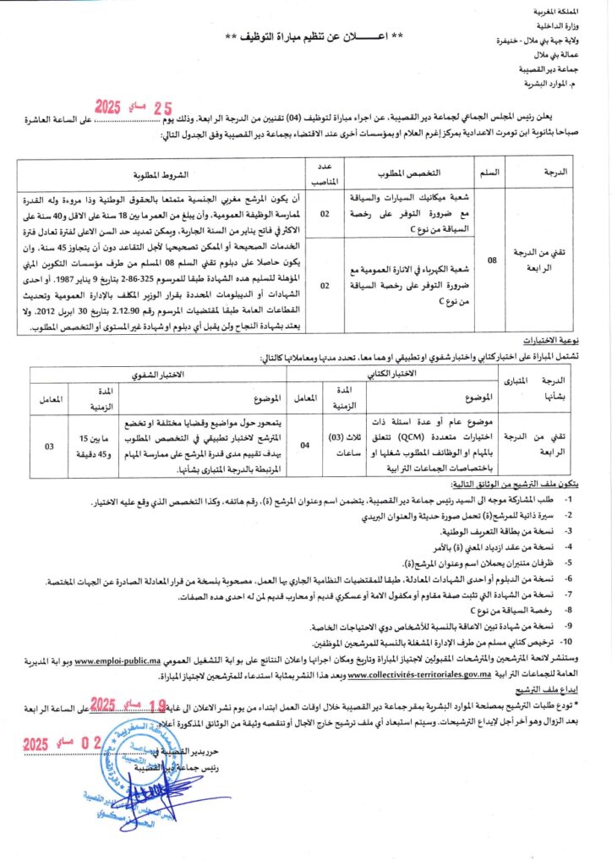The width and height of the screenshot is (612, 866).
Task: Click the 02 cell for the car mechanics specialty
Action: (325, 215)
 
